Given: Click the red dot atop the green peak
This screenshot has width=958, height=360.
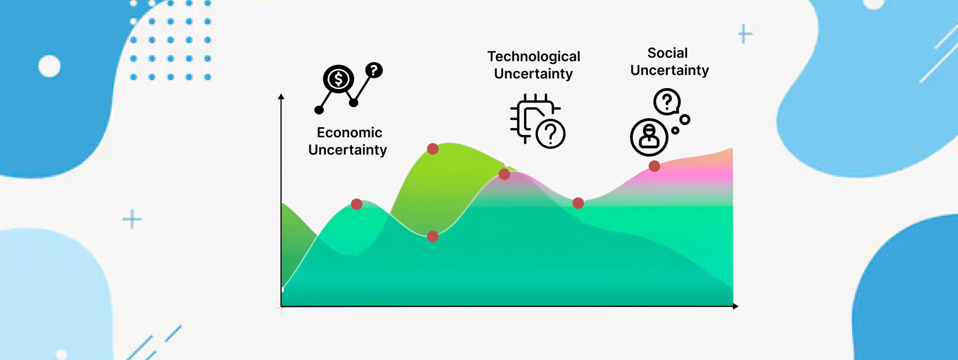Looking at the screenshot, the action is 433,149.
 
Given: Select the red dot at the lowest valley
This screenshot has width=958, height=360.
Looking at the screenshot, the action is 433,237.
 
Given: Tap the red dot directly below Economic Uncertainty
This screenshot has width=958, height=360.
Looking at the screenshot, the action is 357,204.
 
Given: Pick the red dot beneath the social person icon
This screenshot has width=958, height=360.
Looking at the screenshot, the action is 654,166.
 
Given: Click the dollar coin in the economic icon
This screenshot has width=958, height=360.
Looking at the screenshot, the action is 338,79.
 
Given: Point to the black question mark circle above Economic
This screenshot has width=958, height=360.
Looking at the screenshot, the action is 374,70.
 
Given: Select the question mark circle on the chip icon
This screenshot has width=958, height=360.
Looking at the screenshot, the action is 550,134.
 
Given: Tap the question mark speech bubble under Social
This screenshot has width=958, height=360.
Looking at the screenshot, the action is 667,101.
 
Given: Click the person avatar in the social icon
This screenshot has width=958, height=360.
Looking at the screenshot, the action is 649,137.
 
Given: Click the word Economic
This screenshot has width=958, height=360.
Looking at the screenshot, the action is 350,132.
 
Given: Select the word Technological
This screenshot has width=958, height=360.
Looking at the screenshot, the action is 534,57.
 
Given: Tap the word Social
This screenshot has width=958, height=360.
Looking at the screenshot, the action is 668,53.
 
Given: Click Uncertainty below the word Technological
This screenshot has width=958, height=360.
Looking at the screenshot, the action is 533,74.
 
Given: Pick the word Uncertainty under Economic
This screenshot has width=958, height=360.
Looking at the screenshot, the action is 348,150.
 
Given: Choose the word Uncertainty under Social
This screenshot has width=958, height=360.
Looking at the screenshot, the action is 669,70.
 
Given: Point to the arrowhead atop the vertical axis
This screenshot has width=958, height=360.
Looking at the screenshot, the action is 281,96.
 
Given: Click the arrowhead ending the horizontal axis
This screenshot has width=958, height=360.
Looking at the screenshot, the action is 735,306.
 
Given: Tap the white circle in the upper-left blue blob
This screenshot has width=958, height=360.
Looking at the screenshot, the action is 49,66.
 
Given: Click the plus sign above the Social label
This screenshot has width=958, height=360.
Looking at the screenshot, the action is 745,34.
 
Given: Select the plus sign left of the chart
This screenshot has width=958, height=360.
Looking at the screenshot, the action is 132,219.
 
